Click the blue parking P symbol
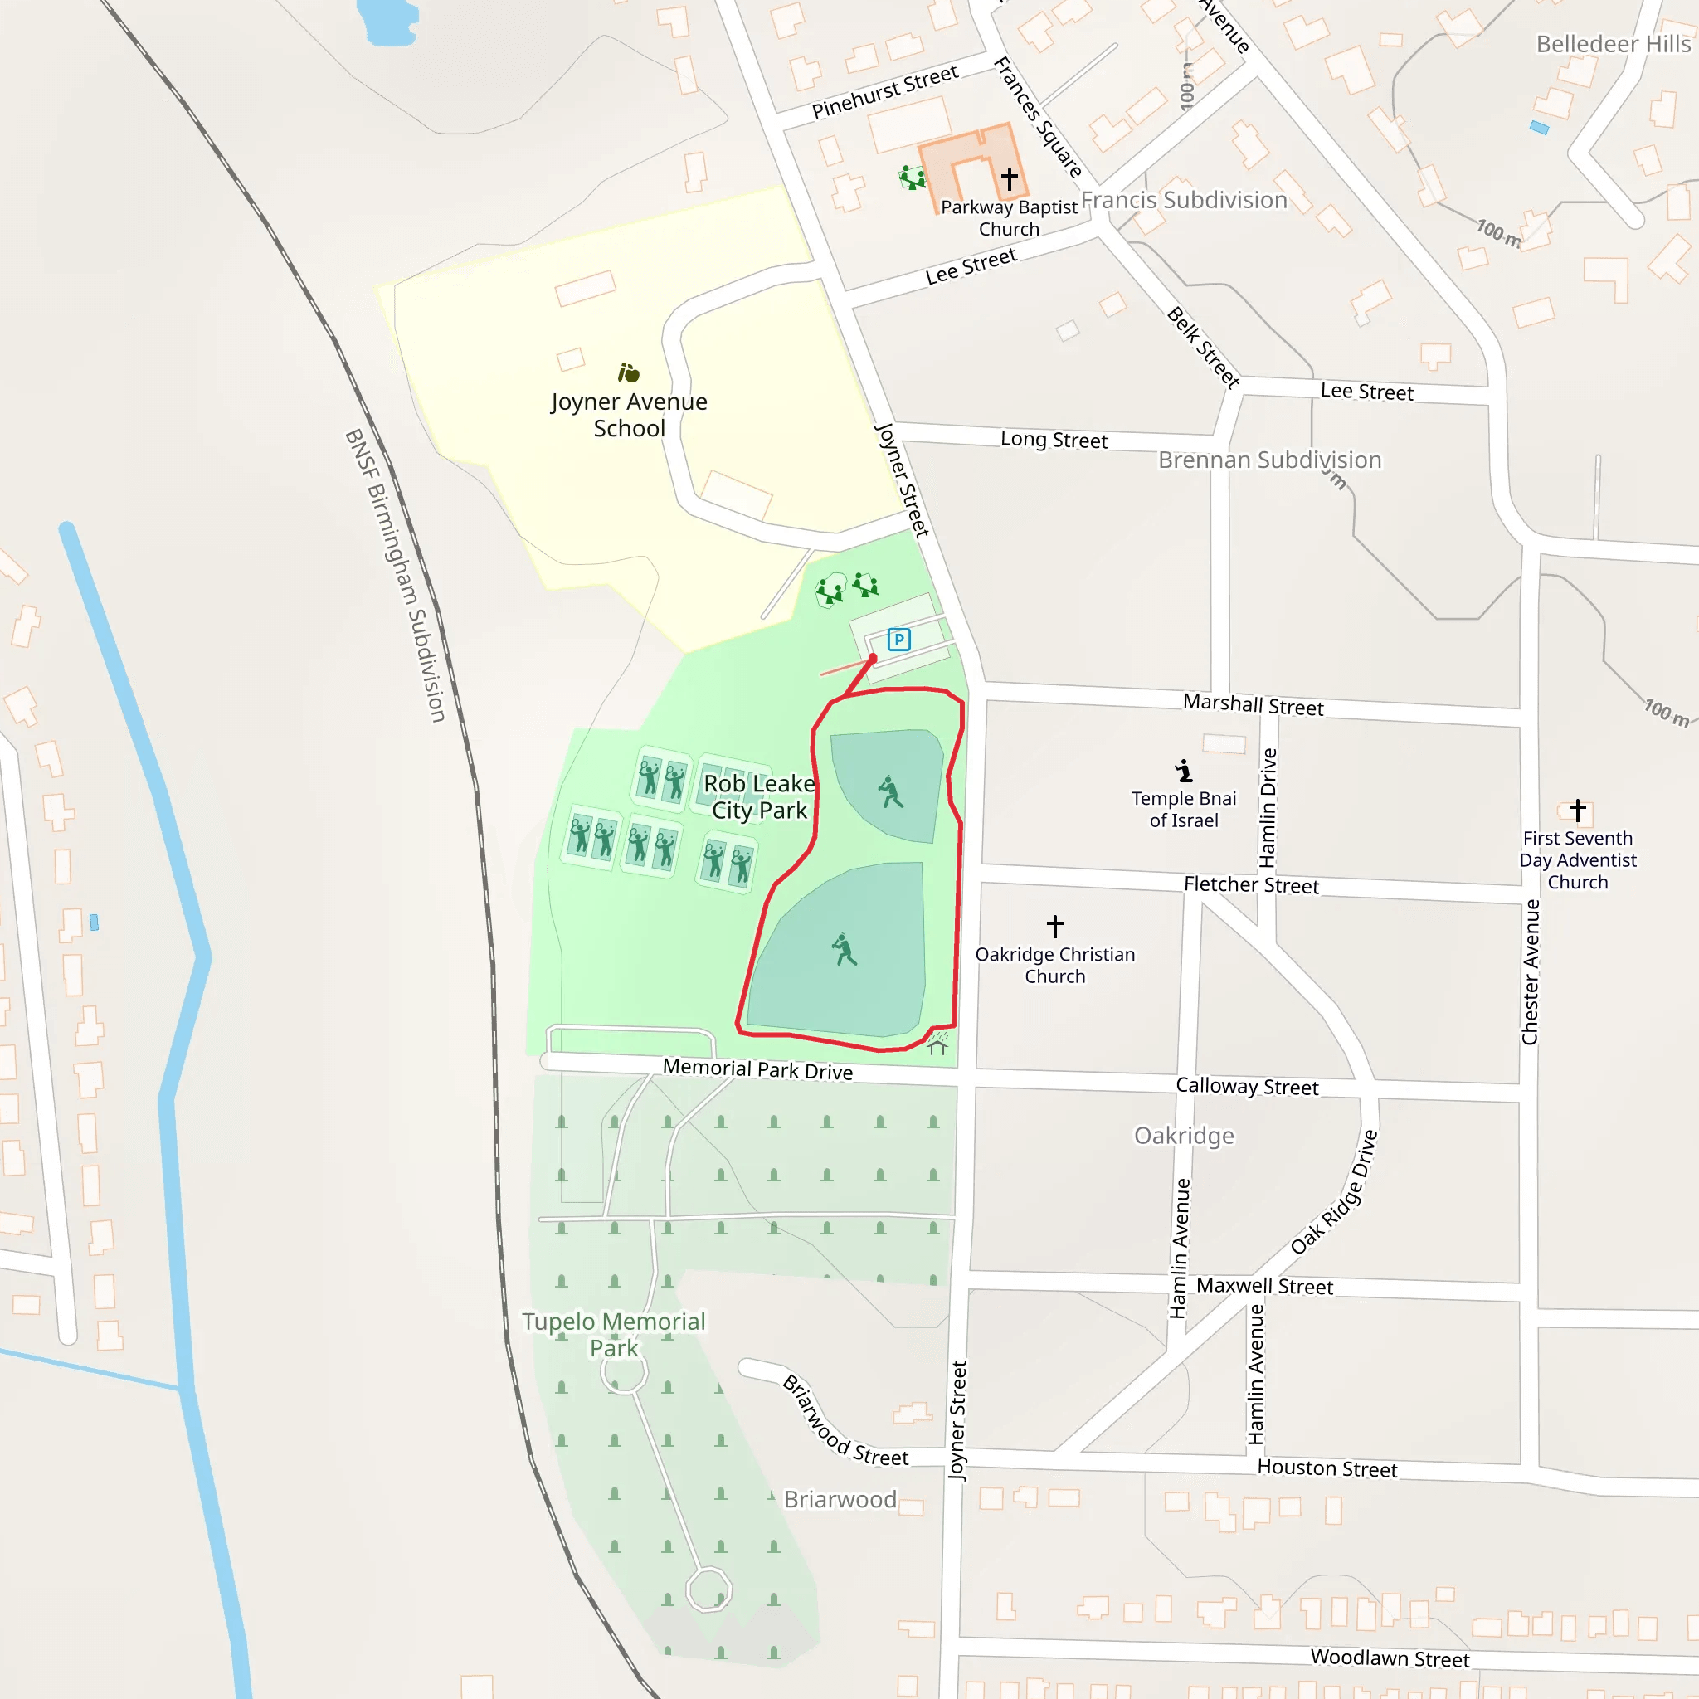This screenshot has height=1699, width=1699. coord(898,640)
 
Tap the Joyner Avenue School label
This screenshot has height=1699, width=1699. coord(629,415)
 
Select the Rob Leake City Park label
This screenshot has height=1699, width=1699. coord(759,796)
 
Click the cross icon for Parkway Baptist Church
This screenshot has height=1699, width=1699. coord(1009,178)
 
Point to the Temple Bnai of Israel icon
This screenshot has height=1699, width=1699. coord(1184,772)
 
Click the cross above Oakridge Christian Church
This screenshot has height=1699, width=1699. coord(1054,926)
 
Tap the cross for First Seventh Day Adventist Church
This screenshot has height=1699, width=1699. coord(1578,809)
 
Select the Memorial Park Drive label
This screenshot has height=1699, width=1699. coord(757,1069)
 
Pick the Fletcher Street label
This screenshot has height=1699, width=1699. coord(1250,884)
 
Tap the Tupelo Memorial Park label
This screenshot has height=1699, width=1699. coord(614,1335)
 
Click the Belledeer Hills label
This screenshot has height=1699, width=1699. coord(1613,44)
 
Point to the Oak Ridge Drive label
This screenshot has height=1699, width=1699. coord(1334,1192)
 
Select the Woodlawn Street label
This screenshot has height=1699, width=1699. coord(1390,1658)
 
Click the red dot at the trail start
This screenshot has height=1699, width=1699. coord(873,658)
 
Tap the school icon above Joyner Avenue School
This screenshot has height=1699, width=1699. coord(628,372)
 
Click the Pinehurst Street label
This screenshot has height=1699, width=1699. coord(884,91)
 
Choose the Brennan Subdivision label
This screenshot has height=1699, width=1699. coord(1269,460)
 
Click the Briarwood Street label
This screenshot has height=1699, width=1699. coord(845,1422)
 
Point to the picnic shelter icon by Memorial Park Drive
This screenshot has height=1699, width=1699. coord(937,1044)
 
